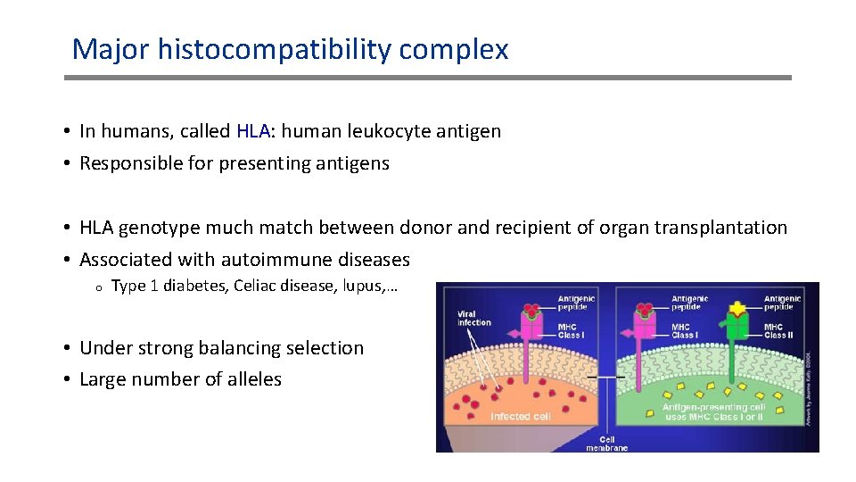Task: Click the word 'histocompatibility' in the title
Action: pos(275,49)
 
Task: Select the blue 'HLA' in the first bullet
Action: pos(253,131)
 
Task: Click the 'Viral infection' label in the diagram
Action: pos(473,317)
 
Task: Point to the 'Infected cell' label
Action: pos(522,416)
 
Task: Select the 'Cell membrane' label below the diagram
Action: pos(606,444)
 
